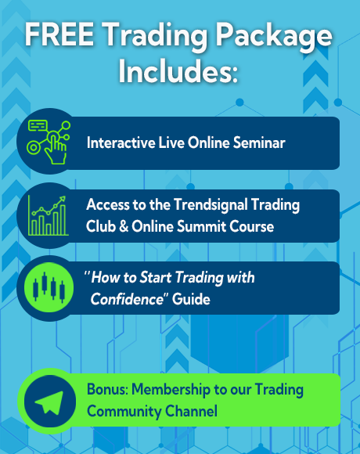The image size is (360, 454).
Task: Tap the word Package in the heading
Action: coord(274,37)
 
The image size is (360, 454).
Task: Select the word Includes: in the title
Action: coord(178,71)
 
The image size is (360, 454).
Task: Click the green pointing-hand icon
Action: coord(49,142)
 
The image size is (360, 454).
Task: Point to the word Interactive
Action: coord(121,142)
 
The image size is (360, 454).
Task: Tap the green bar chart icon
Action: coord(48,215)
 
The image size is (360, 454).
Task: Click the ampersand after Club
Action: coord(124,226)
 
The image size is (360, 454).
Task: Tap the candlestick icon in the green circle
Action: coord(49,287)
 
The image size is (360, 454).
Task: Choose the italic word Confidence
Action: coord(128,299)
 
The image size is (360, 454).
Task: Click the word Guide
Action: coord(191,299)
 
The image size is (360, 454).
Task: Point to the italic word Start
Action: coord(156,277)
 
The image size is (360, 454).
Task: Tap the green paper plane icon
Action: coord(49,402)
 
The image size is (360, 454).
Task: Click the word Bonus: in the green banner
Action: coord(107,389)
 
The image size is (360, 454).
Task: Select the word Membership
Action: coord(171,390)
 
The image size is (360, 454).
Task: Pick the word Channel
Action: coord(191,411)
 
